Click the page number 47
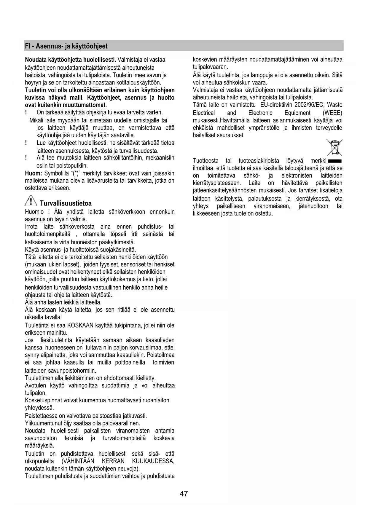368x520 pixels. point(184,494)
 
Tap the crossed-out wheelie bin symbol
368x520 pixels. point(334,147)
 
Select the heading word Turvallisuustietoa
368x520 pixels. point(66,203)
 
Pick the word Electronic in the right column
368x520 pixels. point(260,113)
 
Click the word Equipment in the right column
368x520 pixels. point(297,113)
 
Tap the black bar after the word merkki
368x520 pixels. point(335,161)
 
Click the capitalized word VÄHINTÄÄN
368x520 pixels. point(79,461)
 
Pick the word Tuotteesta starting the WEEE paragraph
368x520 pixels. point(206,161)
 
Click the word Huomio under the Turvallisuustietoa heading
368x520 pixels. point(34,212)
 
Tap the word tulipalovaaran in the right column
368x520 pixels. point(210,67)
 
